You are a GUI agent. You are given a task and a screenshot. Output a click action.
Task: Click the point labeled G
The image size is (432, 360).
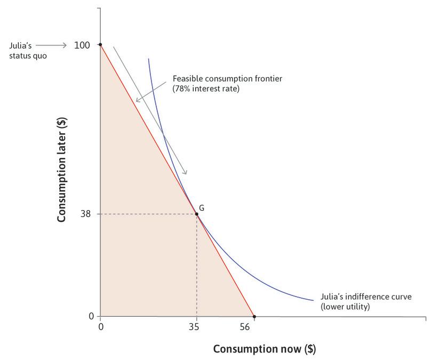pyautogui.click(x=197, y=214)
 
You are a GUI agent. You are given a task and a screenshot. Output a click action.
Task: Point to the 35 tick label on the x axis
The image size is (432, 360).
pyautogui.click(x=196, y=327)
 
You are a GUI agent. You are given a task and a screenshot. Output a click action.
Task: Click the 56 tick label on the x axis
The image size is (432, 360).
pyautogui.click(x=245, y=327)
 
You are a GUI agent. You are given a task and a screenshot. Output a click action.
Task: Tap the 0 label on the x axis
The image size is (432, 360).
pyautogui.click(x=101, y=327)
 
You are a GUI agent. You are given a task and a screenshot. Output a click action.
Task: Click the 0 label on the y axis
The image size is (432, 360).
pyautogui.click(x=91, y=316)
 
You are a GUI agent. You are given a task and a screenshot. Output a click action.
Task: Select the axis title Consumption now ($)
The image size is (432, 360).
pyautogui.click(x=264, y=349)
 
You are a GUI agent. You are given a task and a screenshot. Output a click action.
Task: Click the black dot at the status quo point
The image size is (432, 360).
pyautogui.click(x=101, y=45)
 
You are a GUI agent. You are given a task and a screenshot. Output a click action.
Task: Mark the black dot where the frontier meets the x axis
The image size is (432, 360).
pyautogui.click(x=254, y=317)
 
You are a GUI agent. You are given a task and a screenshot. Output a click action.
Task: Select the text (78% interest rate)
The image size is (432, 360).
pyautogui.click(x=206, y=89)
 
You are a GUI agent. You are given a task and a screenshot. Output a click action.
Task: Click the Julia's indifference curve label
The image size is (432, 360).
pyautogui.click(x=363, y=297)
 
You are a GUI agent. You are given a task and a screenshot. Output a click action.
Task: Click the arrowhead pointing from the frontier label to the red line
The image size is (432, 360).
pyautogui.click(x=137, y=100)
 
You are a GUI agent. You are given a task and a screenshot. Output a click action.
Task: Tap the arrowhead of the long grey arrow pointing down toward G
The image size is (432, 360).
pyautogui.click(x=186, y=172)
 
